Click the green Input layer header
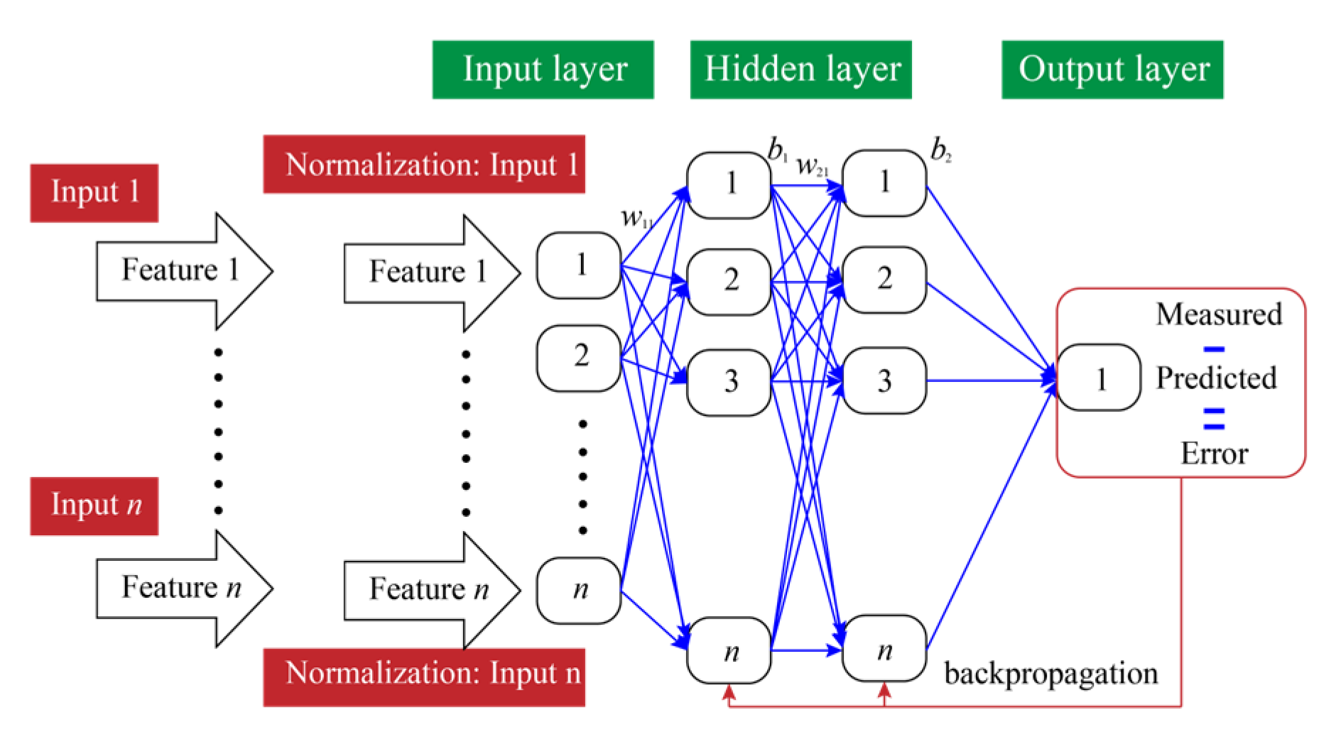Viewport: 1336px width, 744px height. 543,70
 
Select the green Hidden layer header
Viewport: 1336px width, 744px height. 800,70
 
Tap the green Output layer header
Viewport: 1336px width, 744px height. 1112,70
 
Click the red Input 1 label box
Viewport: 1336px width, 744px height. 94,193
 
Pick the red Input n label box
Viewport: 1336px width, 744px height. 94,505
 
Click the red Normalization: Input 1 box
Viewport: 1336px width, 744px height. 424,165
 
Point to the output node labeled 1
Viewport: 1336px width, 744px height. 1099,378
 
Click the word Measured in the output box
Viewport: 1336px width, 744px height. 1218,314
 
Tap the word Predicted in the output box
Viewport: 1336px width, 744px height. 1215,378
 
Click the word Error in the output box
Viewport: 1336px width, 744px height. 1214,453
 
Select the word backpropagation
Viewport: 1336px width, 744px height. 1050,673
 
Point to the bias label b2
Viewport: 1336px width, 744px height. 940,151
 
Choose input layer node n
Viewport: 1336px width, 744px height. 579,590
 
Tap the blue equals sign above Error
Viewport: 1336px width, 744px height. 1214,418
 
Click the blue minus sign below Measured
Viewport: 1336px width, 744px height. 1214,348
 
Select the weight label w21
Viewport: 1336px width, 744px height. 812,167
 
